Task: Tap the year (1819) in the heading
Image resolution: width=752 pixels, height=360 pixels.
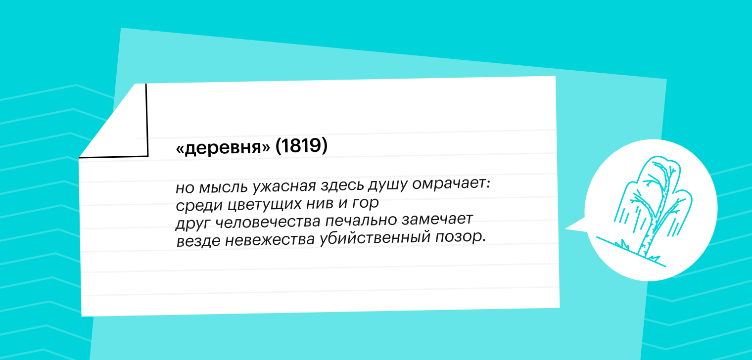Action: pos(301,145)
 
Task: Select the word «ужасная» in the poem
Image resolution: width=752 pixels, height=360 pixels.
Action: pos(284,186)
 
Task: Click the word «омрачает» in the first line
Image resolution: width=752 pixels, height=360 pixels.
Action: pos(451,183)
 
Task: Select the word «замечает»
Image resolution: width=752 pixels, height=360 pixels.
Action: pos(437,219)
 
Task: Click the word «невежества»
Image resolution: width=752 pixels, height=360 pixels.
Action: pos(270,240)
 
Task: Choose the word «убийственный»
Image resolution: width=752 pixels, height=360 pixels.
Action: pos(375,238)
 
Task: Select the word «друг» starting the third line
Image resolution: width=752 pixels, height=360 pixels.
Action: pos(193,224)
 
